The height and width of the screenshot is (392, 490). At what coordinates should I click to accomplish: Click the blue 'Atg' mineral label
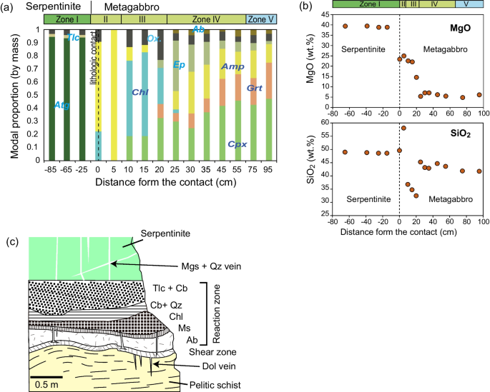click(x=61, y=105)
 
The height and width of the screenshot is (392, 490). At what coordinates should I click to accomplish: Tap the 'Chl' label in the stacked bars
click(x=139, y=92)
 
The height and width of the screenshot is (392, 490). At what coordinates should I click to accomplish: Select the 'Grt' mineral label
click(x=254, y=88)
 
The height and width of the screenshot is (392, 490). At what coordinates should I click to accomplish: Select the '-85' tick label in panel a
click(x=50, y=171)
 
